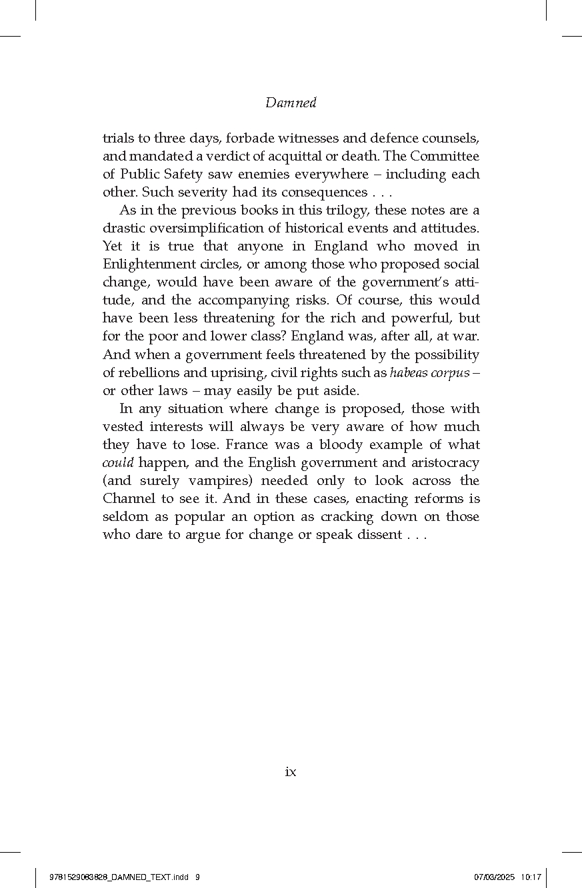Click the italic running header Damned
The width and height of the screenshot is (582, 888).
(291, 103)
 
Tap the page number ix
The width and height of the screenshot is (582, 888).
(291, 772)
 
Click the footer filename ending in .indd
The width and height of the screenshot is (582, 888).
(120, 877)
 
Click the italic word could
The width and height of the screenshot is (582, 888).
(118, 463)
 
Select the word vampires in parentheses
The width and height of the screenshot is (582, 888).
(223, 481)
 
